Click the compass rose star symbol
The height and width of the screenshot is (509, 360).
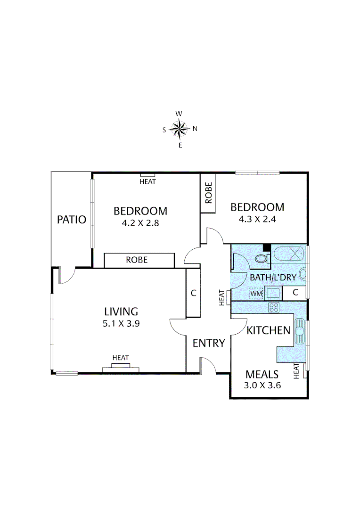point(180,129)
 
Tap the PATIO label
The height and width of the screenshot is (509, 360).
point(72,219)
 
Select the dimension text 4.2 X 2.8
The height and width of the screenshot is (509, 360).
point(140,223)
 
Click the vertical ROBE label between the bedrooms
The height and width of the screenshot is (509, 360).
point(208,193)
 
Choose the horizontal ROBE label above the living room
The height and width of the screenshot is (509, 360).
point(137,260)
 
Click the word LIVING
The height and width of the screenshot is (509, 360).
point(121,312)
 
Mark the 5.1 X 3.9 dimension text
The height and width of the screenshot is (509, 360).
point(121,324)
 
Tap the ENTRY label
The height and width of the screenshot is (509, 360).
point(209,343)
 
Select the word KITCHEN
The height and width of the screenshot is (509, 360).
point(268,330)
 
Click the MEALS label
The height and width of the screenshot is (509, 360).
point(262,375)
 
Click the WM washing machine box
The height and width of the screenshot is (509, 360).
point(256,293)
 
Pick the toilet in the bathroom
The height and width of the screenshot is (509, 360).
point(262,258)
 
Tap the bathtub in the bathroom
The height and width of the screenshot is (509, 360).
point(289,254)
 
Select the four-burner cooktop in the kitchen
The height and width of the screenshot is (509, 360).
point(274,308)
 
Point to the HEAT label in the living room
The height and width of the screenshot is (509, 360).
point(121,358)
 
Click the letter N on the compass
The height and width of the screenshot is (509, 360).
point(195,128)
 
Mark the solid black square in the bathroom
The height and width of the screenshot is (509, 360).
point(267,247)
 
